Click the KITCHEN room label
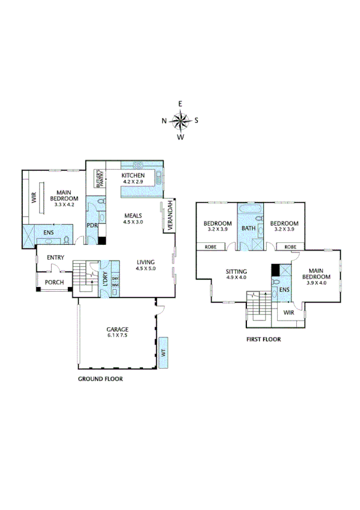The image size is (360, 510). tap(133, 175)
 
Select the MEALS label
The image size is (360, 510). tap(133, 215)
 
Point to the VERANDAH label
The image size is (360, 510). tap(169, 215)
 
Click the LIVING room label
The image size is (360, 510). tap(145, 262)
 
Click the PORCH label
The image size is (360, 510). tap(54, 281)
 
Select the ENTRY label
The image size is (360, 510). tap(56, 258)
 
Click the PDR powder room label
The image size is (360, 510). tap(91, 226)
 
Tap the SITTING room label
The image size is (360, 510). tap(237, 271)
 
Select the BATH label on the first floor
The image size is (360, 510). tap(248, 229)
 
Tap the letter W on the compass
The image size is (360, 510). tap(180, 137)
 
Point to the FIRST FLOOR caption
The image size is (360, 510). tap(264, 339)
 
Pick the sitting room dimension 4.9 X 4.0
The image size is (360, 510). tap(237, 278)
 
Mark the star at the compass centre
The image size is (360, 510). tap(180, 120)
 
